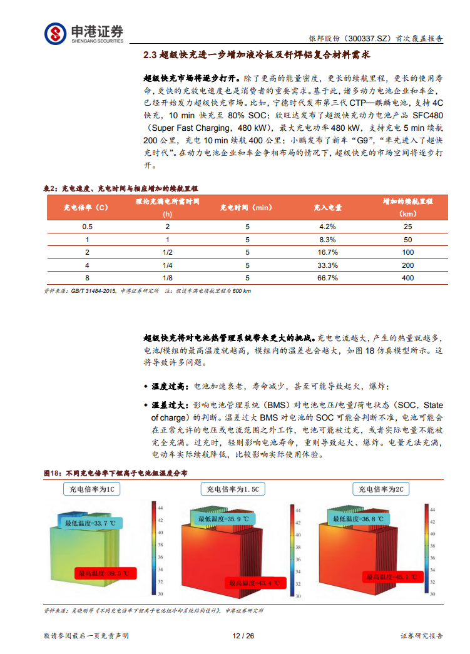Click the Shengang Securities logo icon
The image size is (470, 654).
coord(55,33)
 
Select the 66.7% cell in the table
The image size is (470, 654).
coord(328,278)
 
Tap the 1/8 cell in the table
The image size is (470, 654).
coord(167,278)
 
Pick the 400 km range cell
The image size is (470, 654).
coord(408,278)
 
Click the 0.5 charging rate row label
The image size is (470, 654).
coord(87,227)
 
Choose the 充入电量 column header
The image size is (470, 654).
coord(328,207)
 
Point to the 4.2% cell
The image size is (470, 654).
coord(328,227)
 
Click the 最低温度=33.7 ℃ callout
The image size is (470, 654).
coord(90,522)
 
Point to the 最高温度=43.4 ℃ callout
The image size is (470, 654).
coord(254,583)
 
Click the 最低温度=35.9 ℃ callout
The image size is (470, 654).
coord(223,519)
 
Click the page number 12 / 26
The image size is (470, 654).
coord(243,636)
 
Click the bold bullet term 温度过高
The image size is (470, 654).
coord(171,386)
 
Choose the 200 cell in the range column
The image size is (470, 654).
coord(408,265)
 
